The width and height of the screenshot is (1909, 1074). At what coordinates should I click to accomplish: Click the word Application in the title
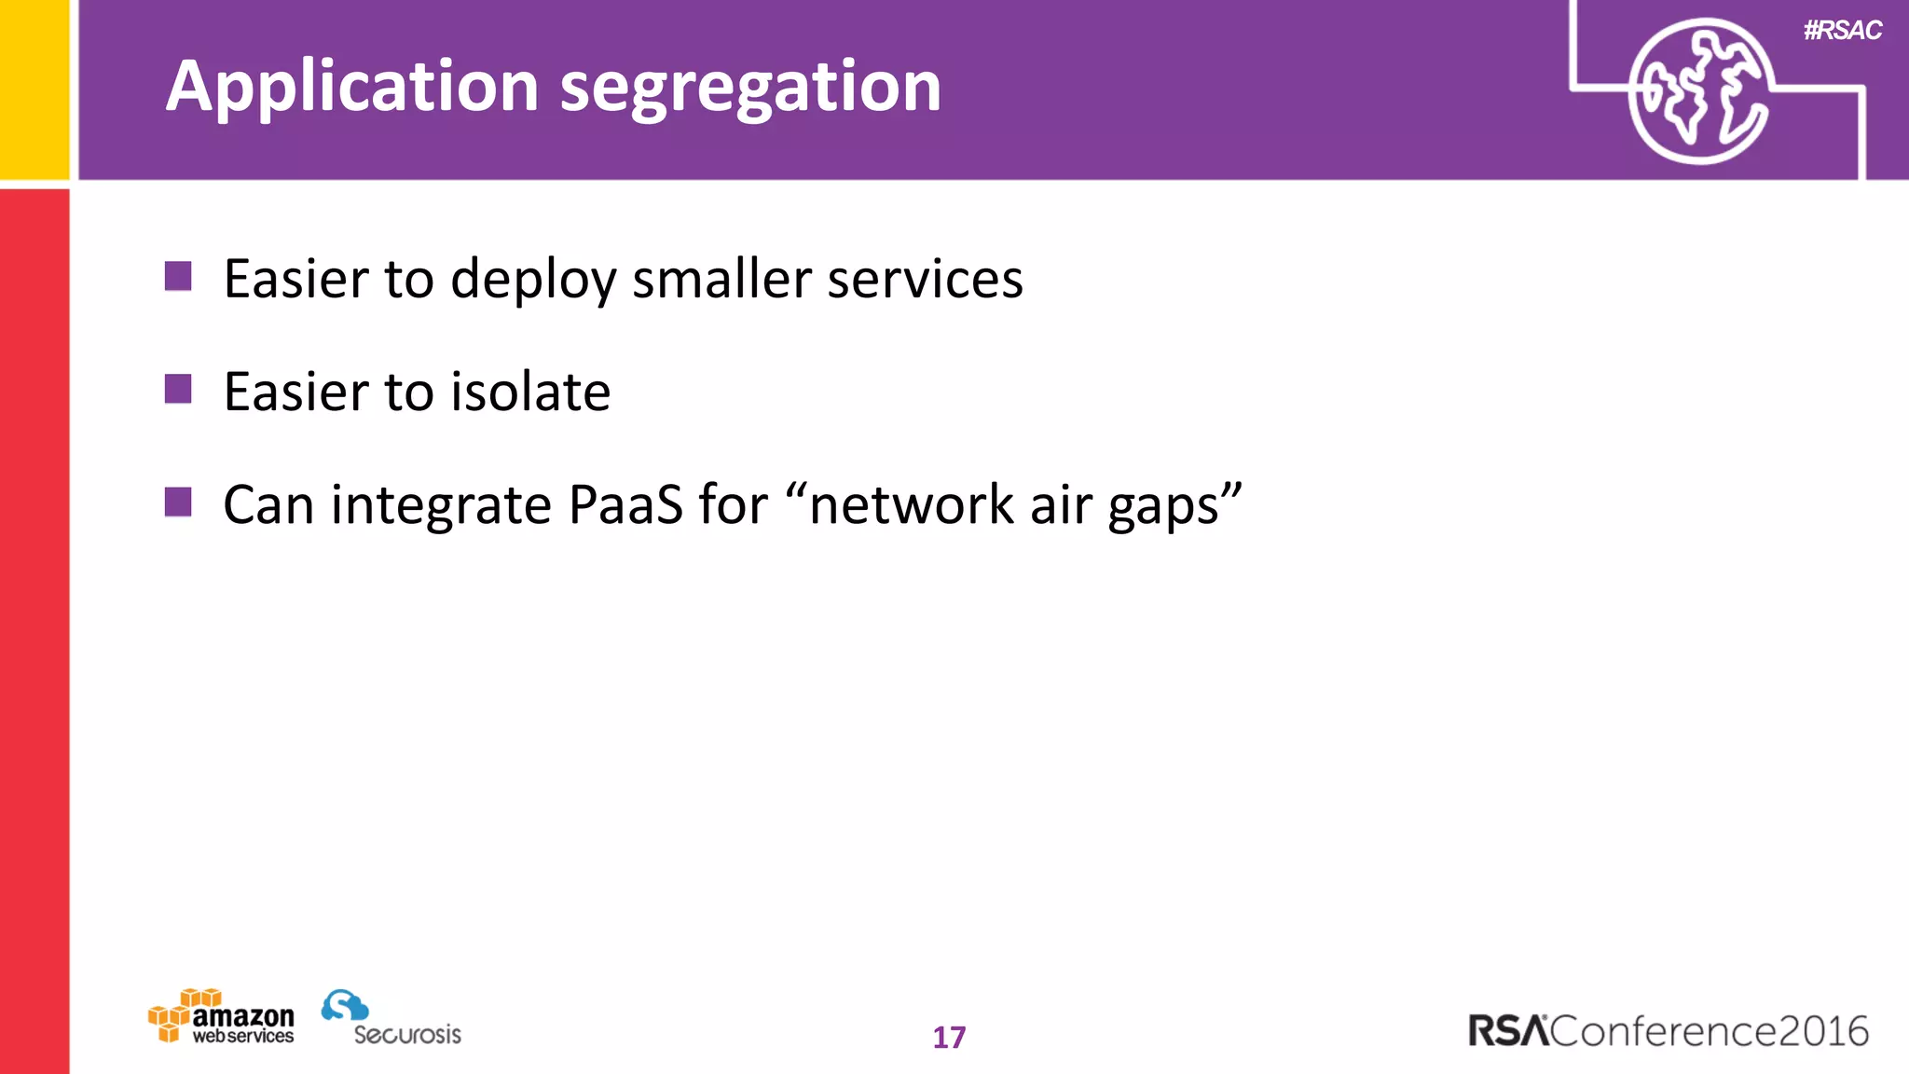click(352, 87)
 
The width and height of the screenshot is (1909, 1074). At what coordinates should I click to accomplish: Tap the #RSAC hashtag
click(1842, 31)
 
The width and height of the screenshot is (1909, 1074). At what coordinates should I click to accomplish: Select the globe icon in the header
click(1698, 91)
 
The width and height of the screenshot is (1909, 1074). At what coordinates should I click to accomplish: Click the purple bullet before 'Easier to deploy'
click(178, 276)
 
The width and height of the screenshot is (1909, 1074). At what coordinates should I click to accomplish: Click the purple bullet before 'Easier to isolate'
click(178, 389)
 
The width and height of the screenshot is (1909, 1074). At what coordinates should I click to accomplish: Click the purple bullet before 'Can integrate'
click(178, 502)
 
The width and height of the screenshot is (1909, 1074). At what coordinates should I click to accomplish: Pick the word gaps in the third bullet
click(1163, 506)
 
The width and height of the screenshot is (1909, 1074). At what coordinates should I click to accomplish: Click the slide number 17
click(949, 1037)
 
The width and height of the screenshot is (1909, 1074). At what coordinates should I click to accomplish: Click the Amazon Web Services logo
click(222, 1017)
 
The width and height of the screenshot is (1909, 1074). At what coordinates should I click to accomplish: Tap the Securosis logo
click(391, 1018)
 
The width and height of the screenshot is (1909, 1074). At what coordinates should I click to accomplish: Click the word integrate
click(441, 506)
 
